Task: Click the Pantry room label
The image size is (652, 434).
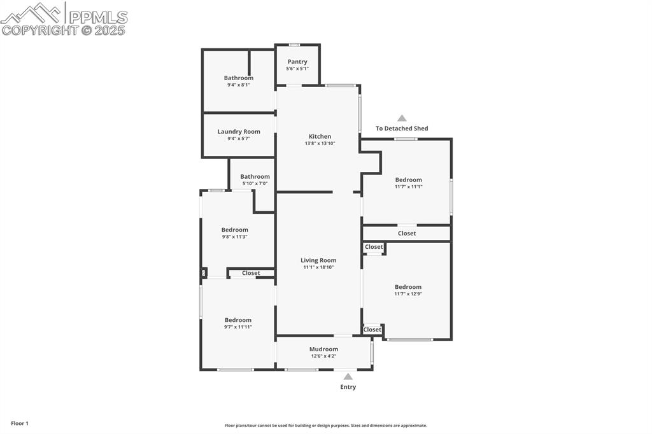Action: coord(297,62)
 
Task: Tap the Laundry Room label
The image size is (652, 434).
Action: coord(239,132)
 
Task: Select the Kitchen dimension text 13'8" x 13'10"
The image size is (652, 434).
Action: coord(320,143)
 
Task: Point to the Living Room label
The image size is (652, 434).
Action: coord(318,260)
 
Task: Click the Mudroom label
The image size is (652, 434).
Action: coord(323,349)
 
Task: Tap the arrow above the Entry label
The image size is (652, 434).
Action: coord(348,377)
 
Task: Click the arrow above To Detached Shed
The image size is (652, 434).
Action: coord(402,118)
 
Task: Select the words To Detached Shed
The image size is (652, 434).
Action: coord(402,129)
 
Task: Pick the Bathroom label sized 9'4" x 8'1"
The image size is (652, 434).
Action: coord(239,78)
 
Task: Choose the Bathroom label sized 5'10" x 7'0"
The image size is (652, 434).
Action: coord(255,176)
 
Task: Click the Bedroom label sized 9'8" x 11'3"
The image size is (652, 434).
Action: coord(235,230)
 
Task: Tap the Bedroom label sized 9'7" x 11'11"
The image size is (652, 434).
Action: coord(237,320)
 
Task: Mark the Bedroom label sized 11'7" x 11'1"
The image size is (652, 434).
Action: coord(408,180)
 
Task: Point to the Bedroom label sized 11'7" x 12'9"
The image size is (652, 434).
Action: coord(408,287)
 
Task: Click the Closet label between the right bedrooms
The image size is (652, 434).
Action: coord(407,234)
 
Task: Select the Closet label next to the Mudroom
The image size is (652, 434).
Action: coord(372,330)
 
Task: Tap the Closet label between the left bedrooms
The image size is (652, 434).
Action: coord(251,273)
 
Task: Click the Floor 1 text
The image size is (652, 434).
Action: coord(20,423)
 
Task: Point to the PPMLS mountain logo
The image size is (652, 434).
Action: coord(32,13)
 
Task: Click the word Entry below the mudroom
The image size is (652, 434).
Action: coord(348,387)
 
